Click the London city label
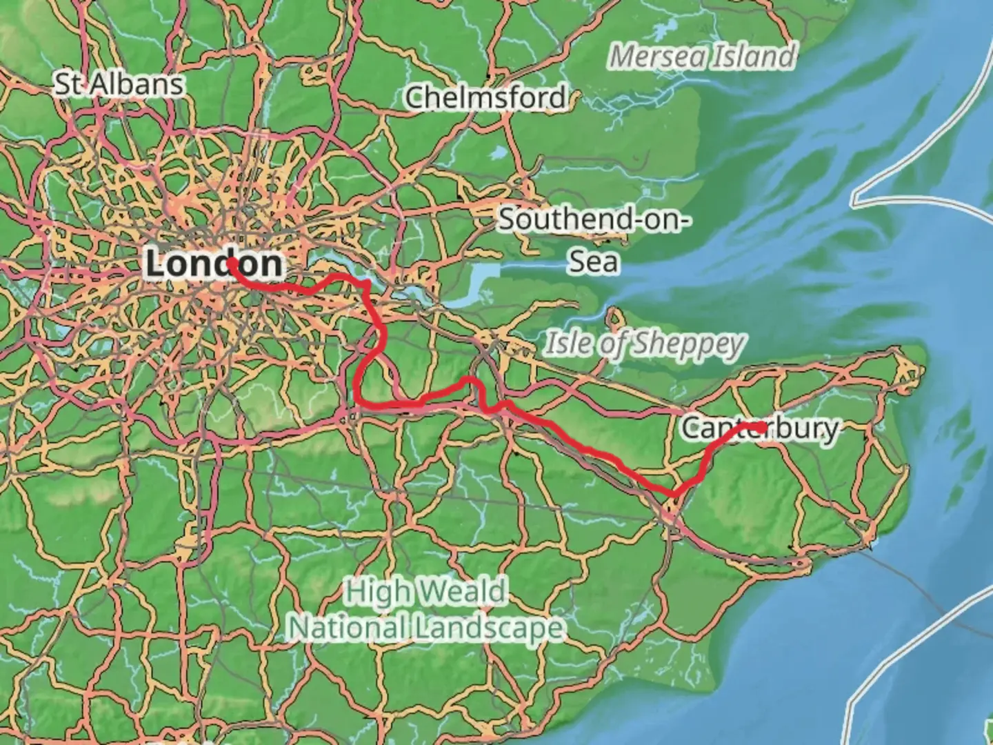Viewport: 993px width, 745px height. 214,264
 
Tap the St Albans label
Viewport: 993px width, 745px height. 119,84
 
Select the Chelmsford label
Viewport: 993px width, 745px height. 485,97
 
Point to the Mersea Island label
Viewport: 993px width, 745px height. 702,57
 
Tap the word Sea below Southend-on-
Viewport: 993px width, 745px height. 593,261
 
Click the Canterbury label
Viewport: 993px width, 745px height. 760,428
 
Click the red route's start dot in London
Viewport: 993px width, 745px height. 232,262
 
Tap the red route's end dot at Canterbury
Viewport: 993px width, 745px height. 759,428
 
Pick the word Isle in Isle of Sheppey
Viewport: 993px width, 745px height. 568,344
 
